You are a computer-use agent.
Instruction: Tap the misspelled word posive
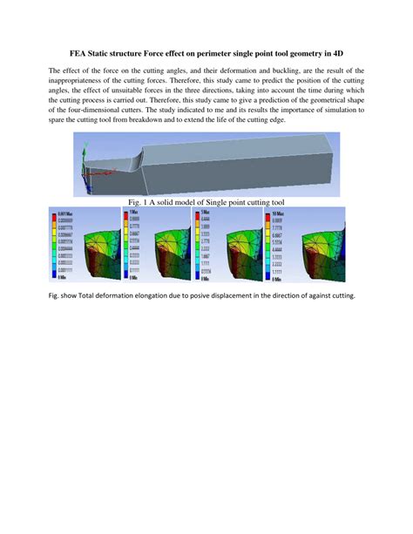pos(193,294)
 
